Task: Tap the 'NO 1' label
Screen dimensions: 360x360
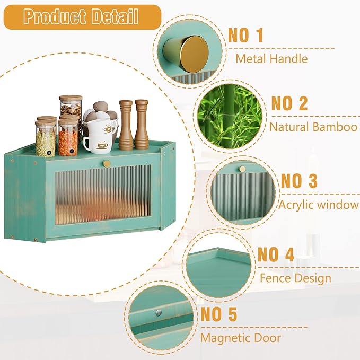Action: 245,36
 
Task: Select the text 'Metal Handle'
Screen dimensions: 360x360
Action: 272,58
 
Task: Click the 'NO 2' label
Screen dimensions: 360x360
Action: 289,103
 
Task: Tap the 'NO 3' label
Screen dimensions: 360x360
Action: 299,180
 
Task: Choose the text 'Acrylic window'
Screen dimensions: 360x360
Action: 319,205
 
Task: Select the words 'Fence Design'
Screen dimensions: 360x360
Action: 295,278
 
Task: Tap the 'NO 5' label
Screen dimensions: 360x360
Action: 218,314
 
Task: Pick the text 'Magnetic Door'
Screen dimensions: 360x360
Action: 240,337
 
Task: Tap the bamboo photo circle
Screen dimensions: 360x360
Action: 229,118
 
